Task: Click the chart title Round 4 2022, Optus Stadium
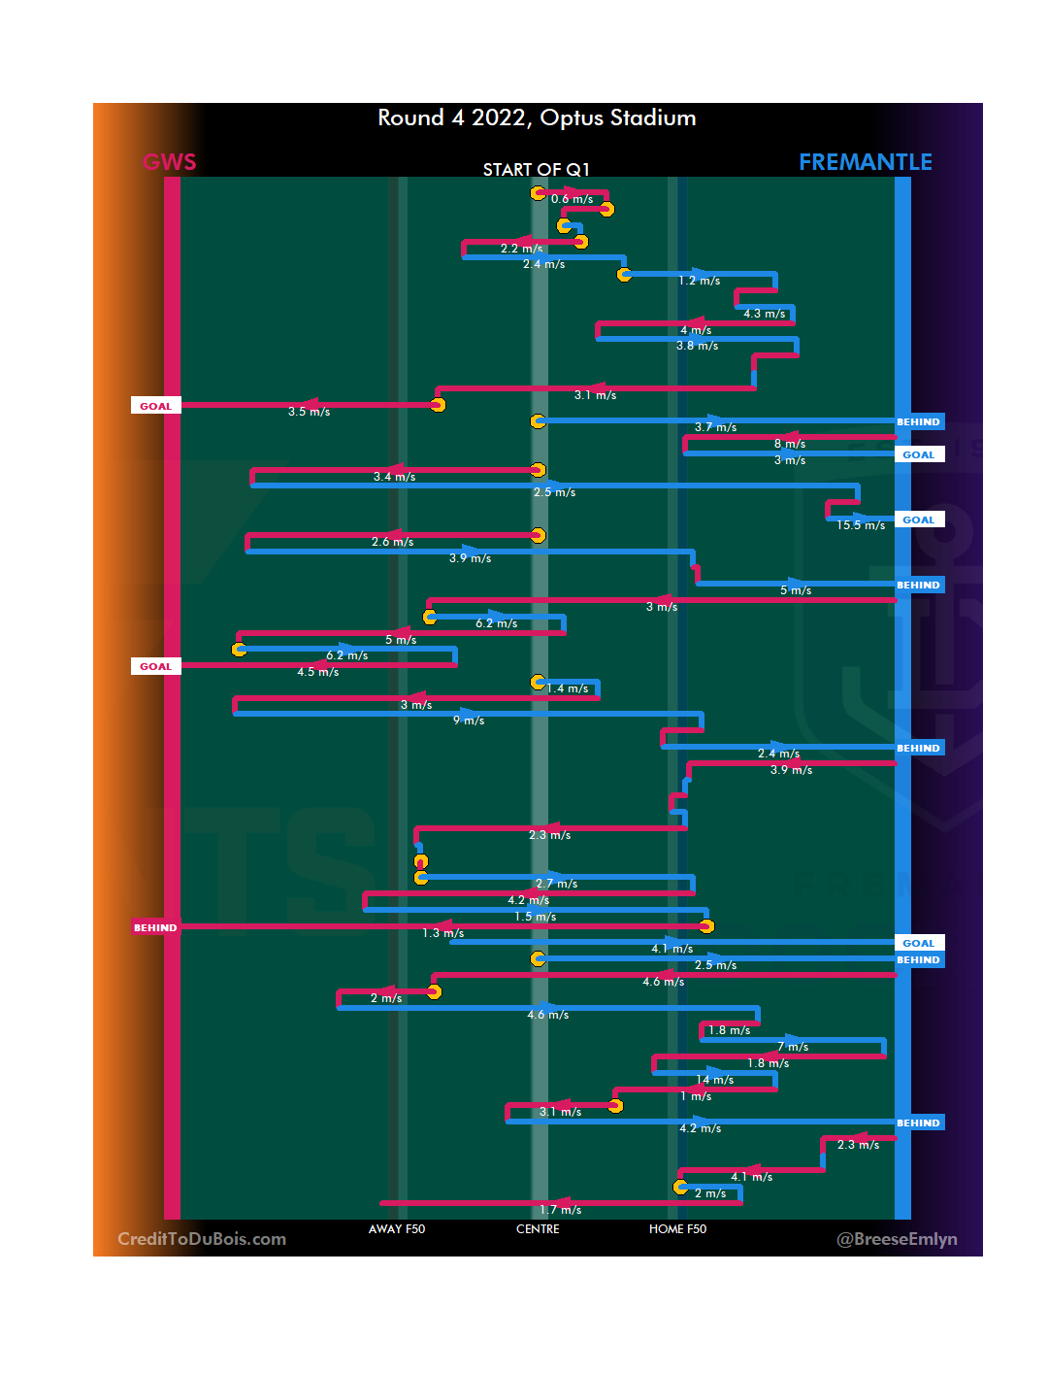(x=537, y=118)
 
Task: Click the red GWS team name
(x=170, y=162)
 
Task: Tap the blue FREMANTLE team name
(x=865, y=162)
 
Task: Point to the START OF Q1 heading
(x=536, y=170)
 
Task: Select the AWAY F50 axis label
(x=397, y=1229)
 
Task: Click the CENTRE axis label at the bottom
(x=538, y=1229)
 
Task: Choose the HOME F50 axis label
(x=677, y=1229)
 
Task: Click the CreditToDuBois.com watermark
(x=202, y=1239)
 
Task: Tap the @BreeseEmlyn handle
(x=897, y=1239)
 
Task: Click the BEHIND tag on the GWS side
(x=155, y=927)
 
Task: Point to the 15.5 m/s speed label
(x=861, y=525)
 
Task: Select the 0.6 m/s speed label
(x=572, y=199)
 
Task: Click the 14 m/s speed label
(x=715, y=1080)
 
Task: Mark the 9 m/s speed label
(x=469, y=721)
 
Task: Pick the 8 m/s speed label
(x=790, y=444)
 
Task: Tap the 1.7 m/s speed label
(x=561, y=1210)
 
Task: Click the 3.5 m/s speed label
(x=309, y=412)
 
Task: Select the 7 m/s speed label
(x=793, y=1047)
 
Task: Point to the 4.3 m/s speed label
(x=765, y=314)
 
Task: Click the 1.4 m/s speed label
(x=568, y=688)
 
